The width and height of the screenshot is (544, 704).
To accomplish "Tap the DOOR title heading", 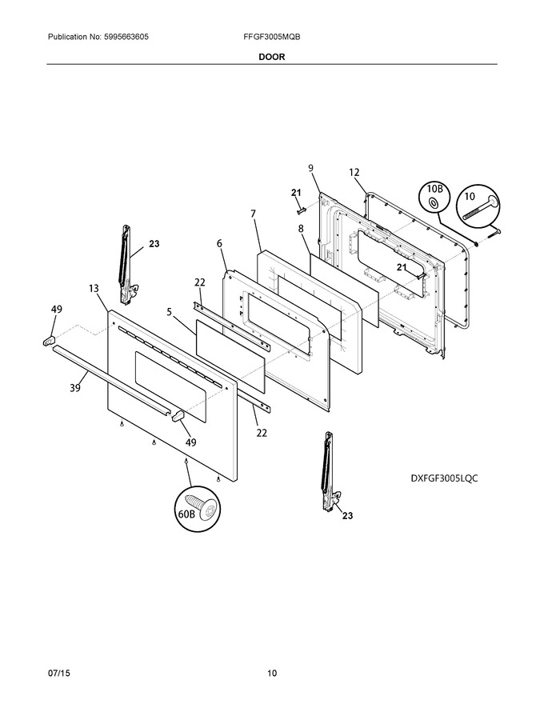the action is tap(271, 57).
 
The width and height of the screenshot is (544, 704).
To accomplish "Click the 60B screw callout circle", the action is tap(198, 510).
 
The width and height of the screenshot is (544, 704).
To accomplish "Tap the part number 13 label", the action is tap(94, 288).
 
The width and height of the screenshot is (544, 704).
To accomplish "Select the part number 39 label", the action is tap(75, 387).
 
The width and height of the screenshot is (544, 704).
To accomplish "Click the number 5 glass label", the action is tap(170, 311).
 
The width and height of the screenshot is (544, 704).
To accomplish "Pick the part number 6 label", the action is tap(219, 243).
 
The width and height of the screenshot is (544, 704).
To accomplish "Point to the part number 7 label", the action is tap(253, 214).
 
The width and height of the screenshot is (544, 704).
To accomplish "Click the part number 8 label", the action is tap(301, 229).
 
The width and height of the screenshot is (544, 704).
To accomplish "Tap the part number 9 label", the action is tap(310, 168).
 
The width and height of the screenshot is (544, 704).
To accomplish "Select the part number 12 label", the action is tap(354, 172).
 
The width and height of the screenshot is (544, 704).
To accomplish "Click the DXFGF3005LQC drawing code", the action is tap(444, 478).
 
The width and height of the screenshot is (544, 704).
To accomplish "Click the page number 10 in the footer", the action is tap(272, 673).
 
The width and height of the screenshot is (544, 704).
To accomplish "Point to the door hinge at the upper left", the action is tap(126, 265).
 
